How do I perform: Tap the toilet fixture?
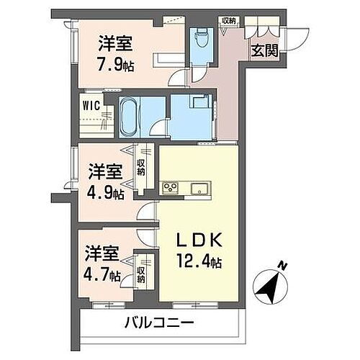[201, 37]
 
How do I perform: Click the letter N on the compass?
[284, 267]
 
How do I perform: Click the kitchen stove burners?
[171, 189]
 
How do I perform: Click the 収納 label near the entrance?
[228, 21]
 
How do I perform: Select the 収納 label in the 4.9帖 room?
[141, 168]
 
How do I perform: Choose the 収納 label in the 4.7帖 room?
[141, 273]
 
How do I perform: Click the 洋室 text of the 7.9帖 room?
[114, 41]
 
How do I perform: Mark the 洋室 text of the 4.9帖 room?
[105, 172]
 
